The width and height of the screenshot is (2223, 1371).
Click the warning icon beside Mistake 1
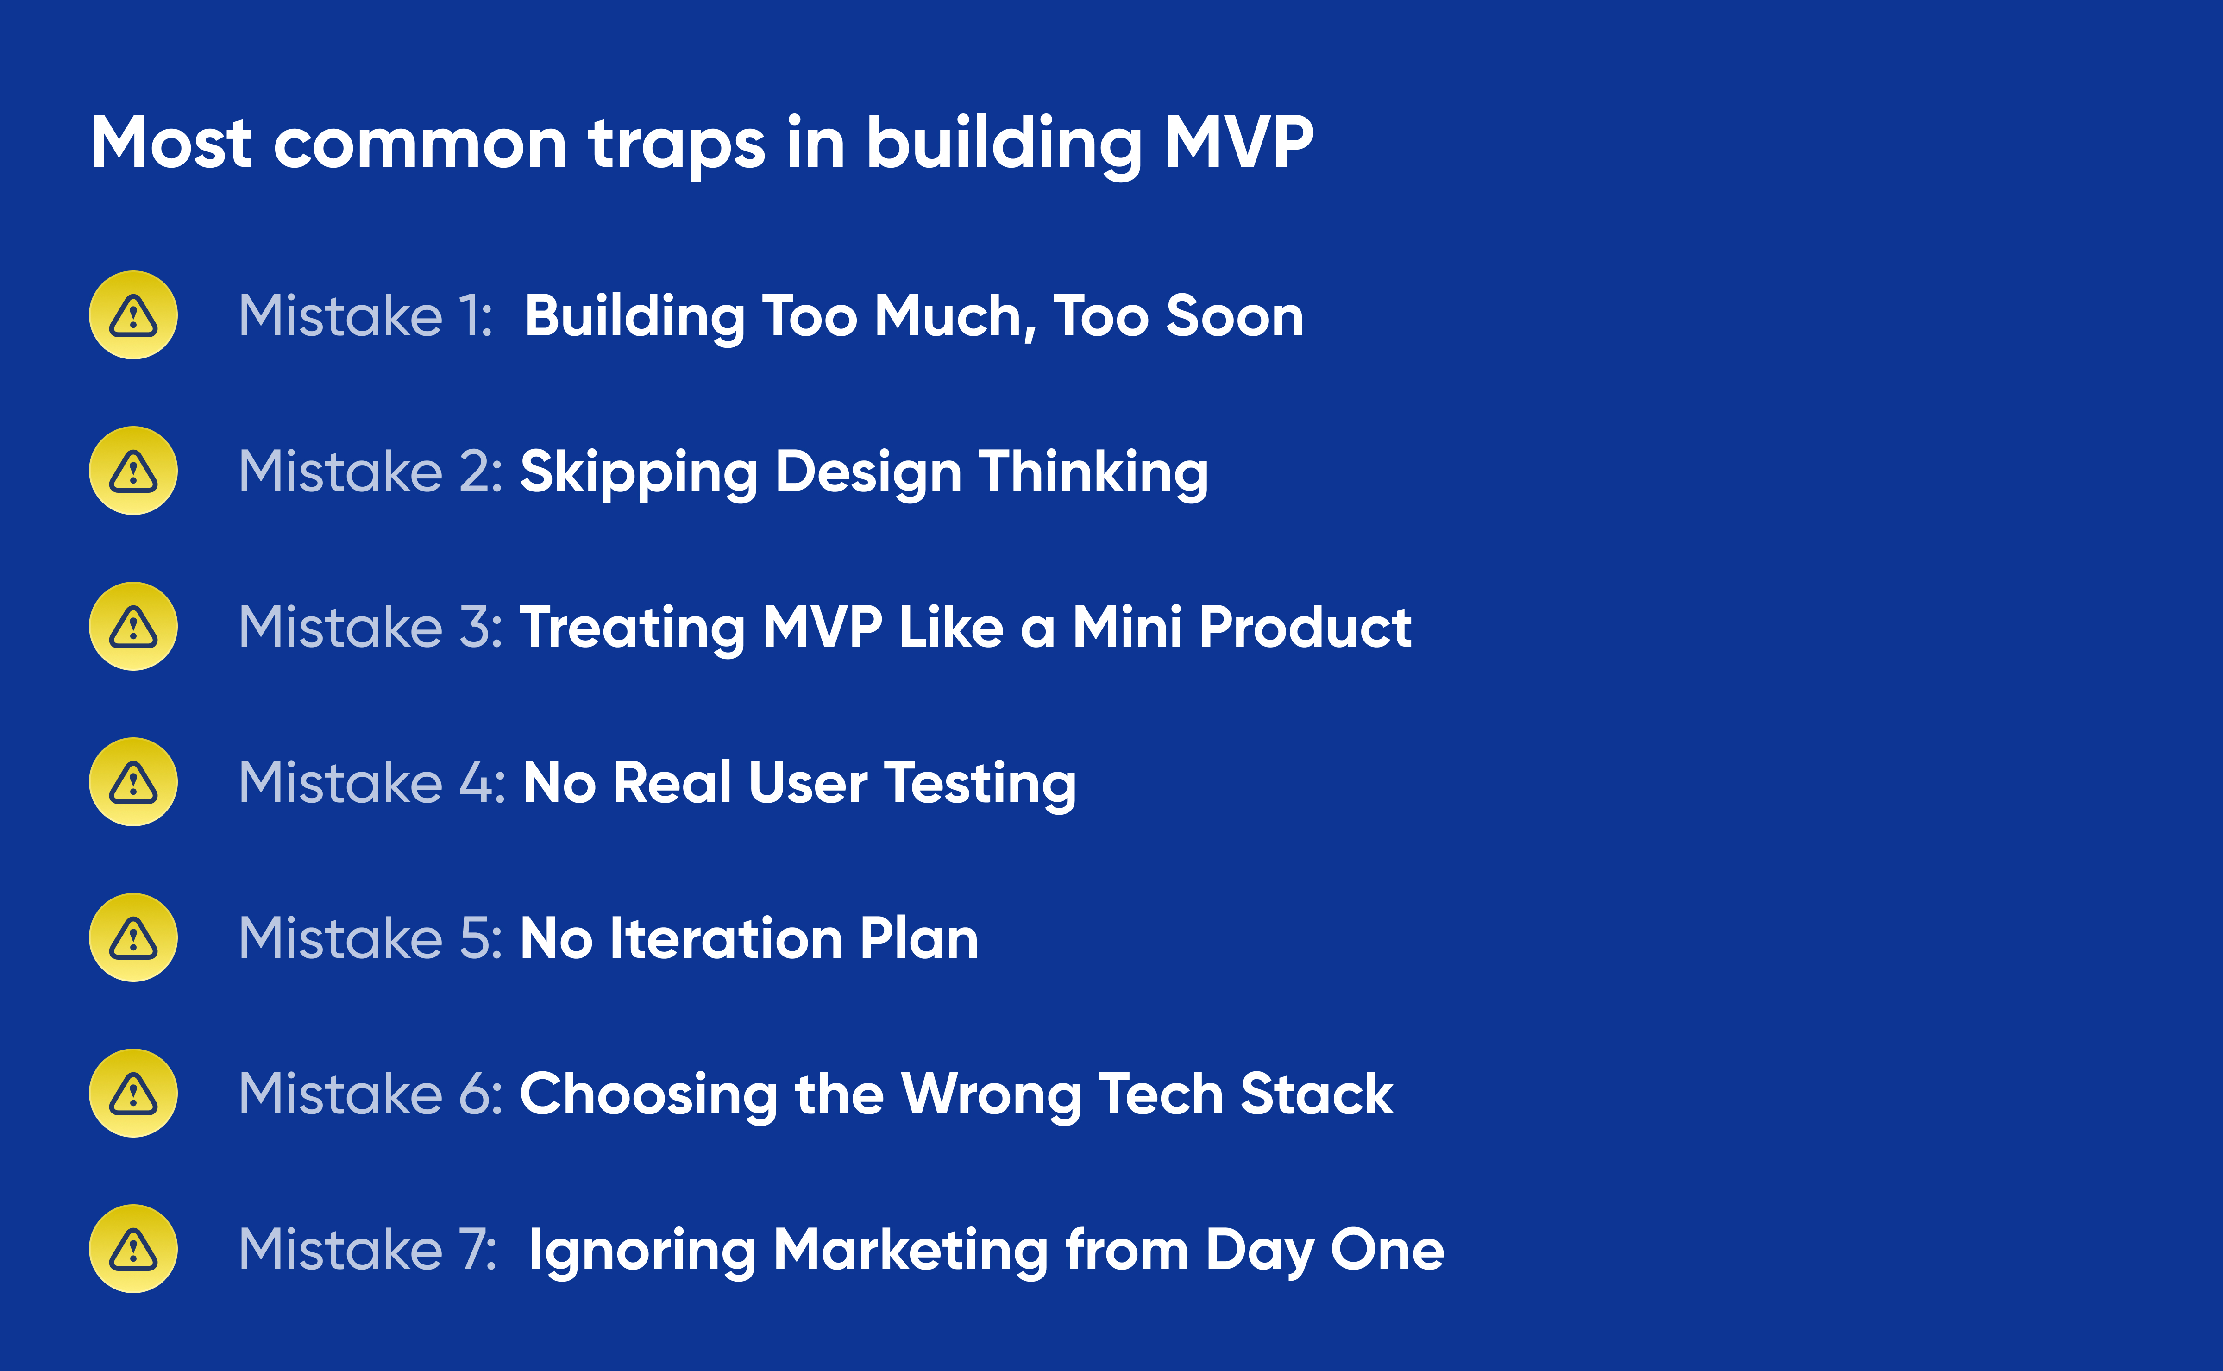coord(133,314)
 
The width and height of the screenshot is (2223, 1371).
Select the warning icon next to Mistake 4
coord(133,782)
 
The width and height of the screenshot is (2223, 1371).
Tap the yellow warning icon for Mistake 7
coord(133,1249)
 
